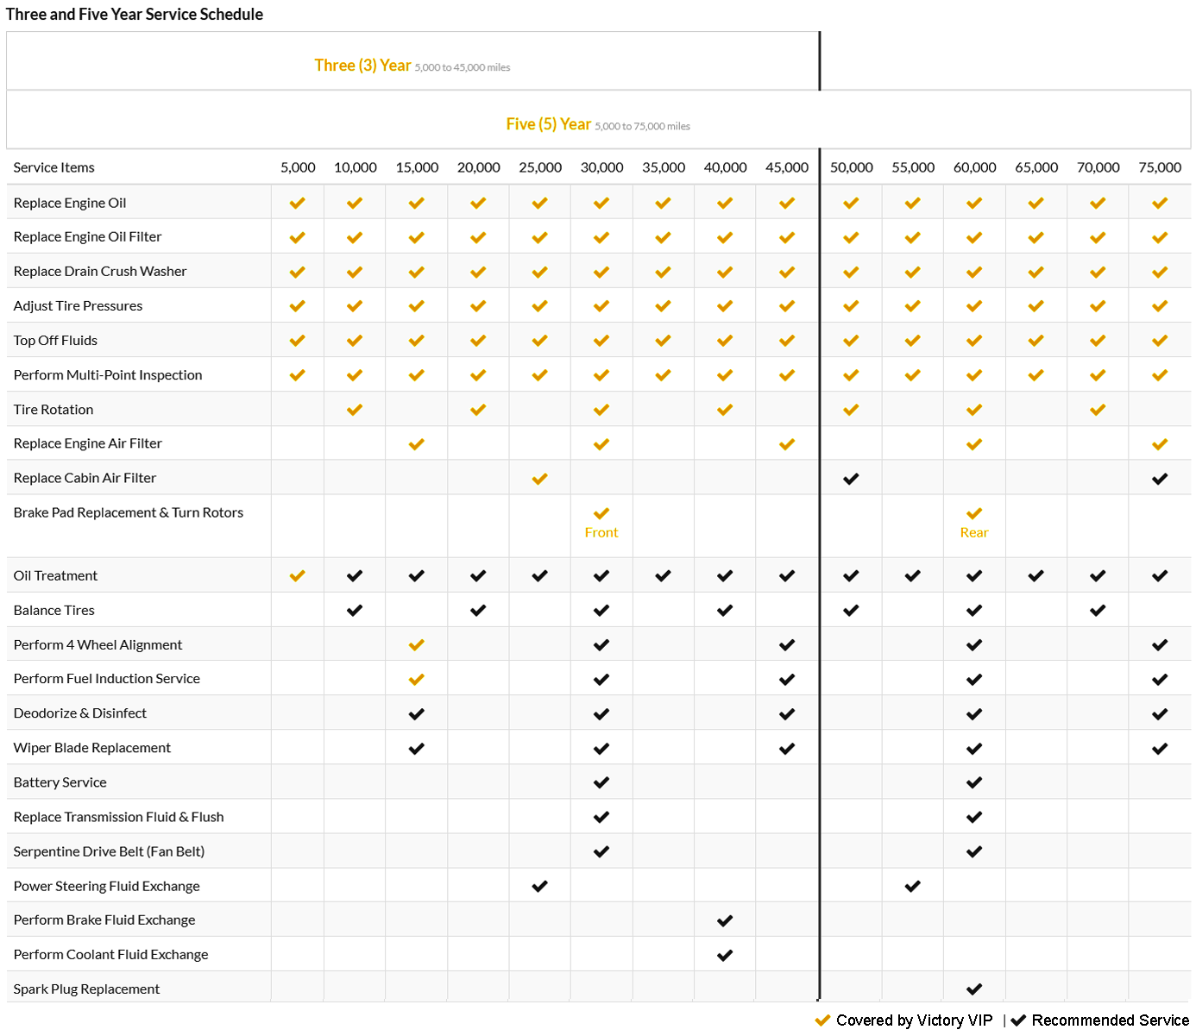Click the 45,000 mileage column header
[x=786, y=167]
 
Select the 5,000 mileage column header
[x=298, y=167]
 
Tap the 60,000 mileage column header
[x=974, y=167]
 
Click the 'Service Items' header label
[x=54, y=167]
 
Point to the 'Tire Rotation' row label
[x=54, y=410]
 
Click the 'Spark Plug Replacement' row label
[x=86, y=989]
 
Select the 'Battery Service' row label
[x=60, y=782]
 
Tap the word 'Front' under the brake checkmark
[x=601, y=532]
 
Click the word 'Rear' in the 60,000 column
[x=974, y=532]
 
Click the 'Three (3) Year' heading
[x=362, y=66]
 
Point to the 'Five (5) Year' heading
[x=549, y=124]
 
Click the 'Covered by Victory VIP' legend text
[x=914, y=1020]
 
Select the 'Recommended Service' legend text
[x=1110, y=1020]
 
